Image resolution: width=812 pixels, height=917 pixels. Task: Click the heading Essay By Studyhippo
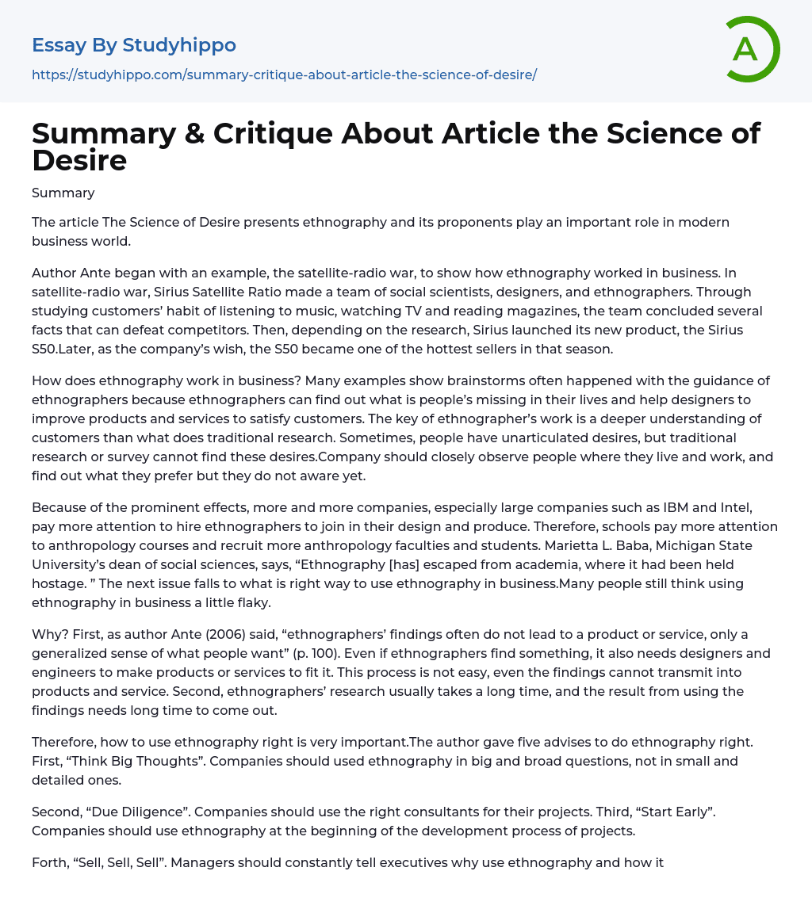[134, 45]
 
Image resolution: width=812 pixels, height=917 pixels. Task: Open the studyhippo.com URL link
[284, 75]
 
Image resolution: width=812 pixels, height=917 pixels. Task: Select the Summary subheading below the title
[63, 193]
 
